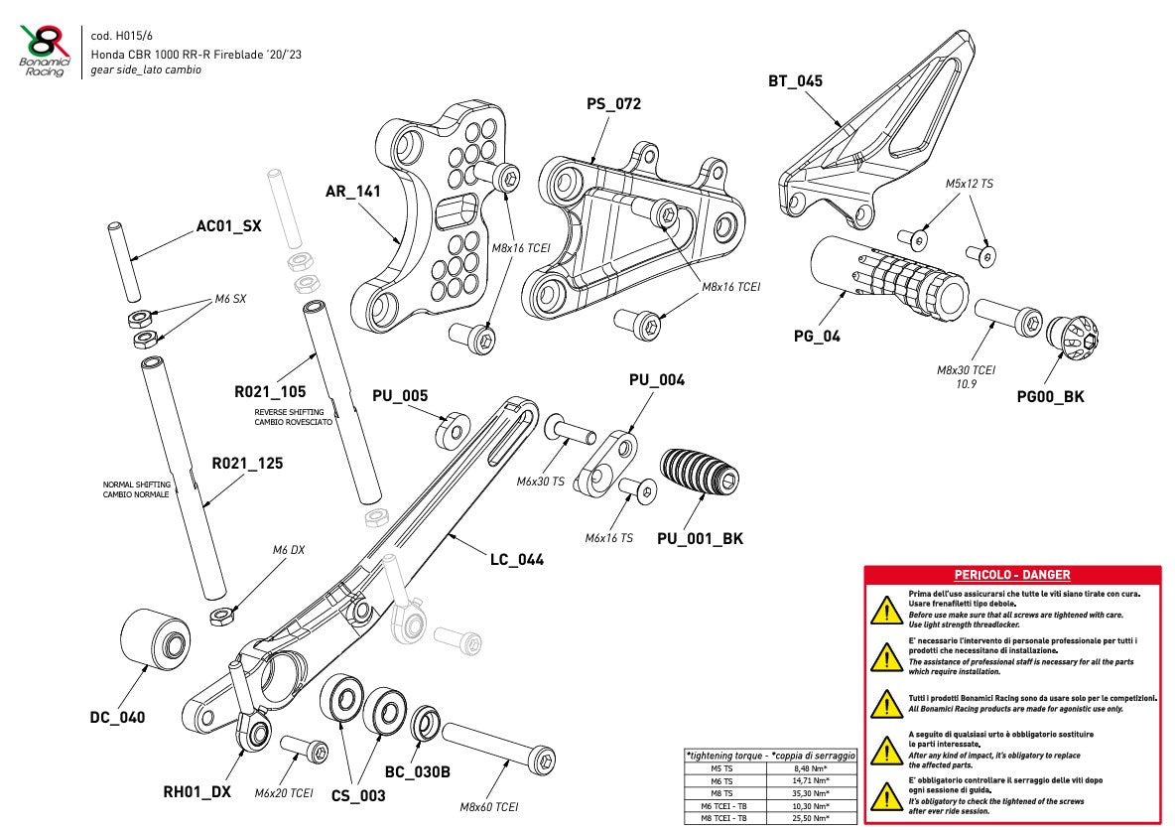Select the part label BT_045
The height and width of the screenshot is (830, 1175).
click(795, 81)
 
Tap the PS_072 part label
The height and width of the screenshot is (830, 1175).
click(613, 103)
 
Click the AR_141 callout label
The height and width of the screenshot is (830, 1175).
click(352, 192)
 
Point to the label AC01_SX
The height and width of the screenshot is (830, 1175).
click(228, 226)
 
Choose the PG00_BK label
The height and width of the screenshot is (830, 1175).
click(1050, 397)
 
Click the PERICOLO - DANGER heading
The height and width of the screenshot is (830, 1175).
click(1011, 575)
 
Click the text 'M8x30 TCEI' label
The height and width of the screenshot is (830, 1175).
click(966, 369)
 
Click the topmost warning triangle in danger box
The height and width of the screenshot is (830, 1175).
click(880, 610)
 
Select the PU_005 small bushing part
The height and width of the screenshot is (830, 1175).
click(452, 429)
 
